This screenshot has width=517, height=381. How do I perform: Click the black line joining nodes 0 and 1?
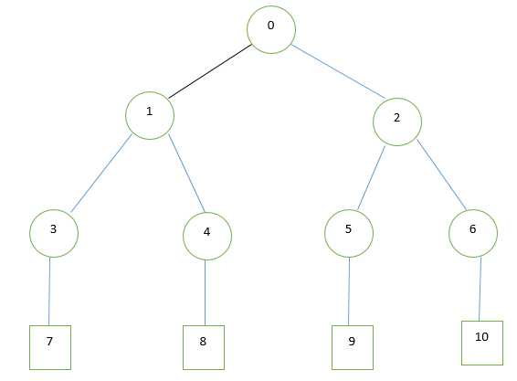(210, 71)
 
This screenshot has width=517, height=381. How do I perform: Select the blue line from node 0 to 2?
(338, 71)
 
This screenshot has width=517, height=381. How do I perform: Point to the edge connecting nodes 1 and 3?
(101, 174)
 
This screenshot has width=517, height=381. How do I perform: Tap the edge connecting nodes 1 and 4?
(186, 173)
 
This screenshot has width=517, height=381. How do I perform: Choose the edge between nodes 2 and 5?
(371, 178)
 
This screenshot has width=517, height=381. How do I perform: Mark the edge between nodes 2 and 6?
(441, 175)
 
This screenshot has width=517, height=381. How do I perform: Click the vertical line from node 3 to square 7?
(49, 291)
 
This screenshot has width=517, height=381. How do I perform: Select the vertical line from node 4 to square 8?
(206, 292)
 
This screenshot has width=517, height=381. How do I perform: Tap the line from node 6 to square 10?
(480, 289)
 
